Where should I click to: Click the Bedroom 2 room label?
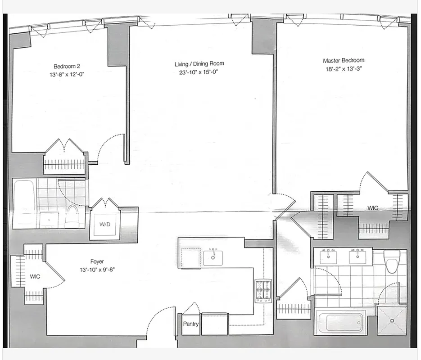[x=67, y=66]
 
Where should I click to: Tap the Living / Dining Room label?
[x=199, y=64]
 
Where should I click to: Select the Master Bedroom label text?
[x=344, y=60]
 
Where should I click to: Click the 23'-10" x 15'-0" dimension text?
[x=199, y=72]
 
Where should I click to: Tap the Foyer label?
[x=97, y=261]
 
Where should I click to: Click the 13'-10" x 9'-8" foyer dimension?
[x=97, y=270]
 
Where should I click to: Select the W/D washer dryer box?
[x=105, y=224]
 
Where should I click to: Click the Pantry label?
[x=191, y=324]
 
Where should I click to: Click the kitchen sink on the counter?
[x=212, y=258]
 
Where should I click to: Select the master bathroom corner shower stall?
[x=391, y=319]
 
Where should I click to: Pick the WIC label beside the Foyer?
[x=35, y=276]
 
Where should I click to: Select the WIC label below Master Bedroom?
[x=372, y=208]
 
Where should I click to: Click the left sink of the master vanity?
[x=328, y=257]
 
